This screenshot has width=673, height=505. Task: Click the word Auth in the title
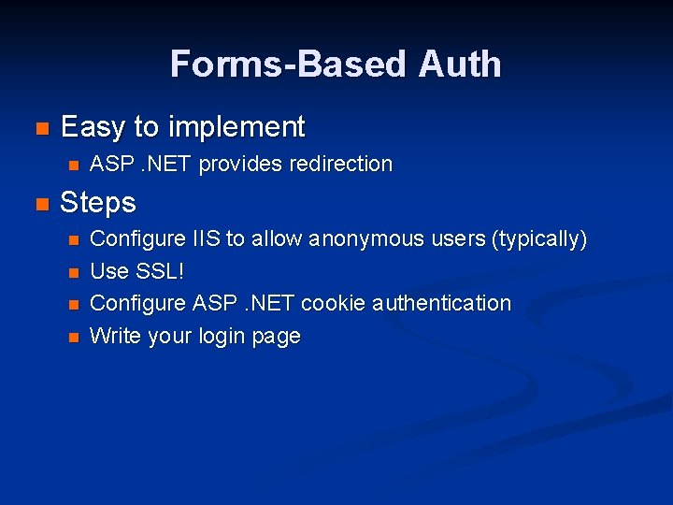(x=460, y=65)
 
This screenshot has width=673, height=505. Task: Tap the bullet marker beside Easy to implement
(x=39, y=128)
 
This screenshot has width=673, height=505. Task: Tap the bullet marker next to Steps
(x=39, y=204)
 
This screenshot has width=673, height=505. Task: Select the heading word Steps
(x=98, y=203)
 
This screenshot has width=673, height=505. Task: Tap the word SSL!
(x=158, y=272)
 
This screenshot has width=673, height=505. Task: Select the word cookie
(x=335, y=304)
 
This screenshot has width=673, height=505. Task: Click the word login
(x=221, y=337)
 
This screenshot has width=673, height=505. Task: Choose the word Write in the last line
(x=113, y=336)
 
